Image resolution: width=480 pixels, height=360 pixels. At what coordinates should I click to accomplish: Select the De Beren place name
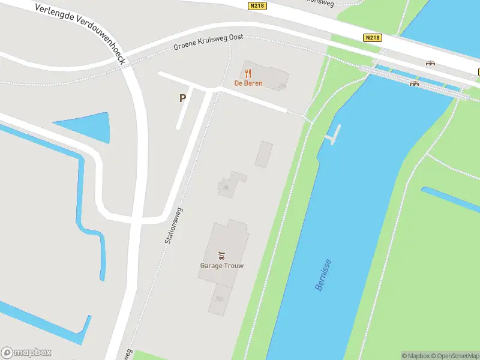[x=248, y=83]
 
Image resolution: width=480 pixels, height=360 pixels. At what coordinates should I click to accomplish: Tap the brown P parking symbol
[x=182, y=98]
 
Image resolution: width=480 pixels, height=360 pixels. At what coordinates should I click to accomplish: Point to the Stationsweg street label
[x=173, y=226]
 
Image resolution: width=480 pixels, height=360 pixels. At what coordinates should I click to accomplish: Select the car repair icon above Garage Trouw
[x=221, y=256]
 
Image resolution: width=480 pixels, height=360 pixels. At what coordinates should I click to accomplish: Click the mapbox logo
[x=26, y=353]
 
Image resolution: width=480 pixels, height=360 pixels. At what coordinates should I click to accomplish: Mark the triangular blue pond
[x=90, y=125]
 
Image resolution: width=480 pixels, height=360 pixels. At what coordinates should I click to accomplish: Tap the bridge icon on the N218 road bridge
[x=430, y=63]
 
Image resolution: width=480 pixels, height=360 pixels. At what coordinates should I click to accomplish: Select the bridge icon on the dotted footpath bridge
[x=413, y=83]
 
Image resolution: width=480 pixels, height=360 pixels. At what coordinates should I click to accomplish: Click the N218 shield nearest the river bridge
[x=372, y=37]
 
